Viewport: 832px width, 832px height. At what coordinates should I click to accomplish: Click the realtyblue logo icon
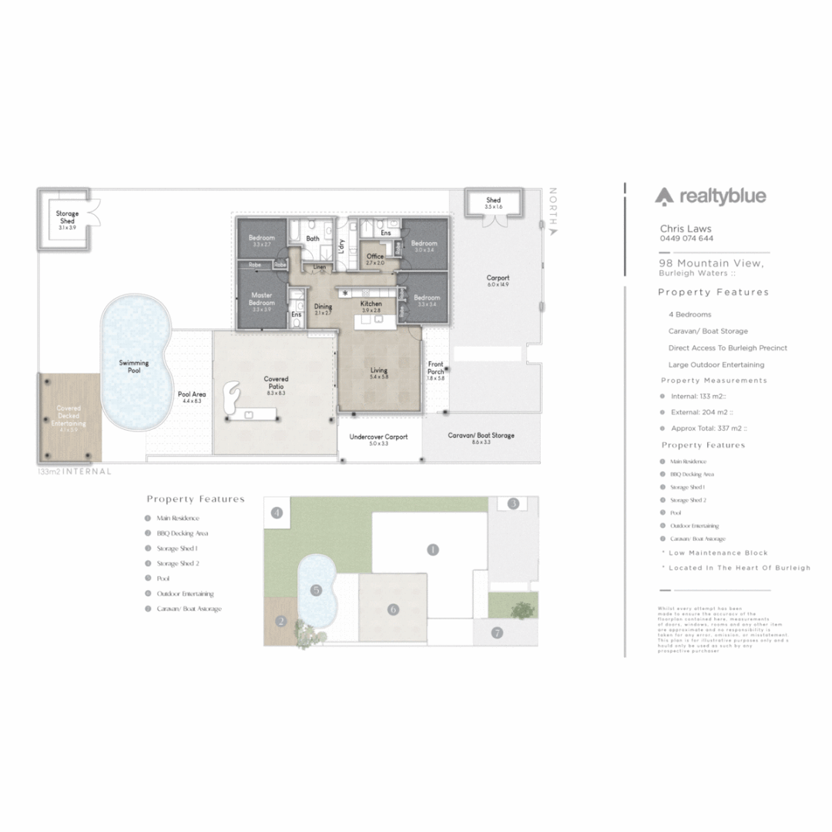664,197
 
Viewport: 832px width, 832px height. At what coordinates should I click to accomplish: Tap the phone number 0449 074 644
686,238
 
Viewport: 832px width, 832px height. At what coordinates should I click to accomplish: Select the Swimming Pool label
134,367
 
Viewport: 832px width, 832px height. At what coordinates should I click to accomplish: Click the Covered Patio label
276,382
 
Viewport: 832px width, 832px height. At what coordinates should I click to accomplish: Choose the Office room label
375,257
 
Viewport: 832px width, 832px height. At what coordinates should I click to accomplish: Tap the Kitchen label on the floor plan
371,304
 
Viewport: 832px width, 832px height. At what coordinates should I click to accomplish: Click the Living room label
378,371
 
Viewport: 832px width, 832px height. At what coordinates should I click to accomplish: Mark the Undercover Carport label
378,437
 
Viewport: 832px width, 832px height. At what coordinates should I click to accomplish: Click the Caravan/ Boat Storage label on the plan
481,435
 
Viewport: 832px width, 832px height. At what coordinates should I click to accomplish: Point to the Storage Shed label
68,217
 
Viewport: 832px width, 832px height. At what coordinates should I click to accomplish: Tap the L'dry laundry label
341,246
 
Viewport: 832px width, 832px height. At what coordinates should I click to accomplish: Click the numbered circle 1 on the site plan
433,549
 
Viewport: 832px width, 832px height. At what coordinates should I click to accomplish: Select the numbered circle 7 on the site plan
497,632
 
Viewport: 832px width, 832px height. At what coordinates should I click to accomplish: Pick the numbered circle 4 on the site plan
277,512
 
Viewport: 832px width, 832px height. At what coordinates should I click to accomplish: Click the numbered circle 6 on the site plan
393,609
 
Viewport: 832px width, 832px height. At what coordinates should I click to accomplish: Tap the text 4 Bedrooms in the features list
689,314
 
